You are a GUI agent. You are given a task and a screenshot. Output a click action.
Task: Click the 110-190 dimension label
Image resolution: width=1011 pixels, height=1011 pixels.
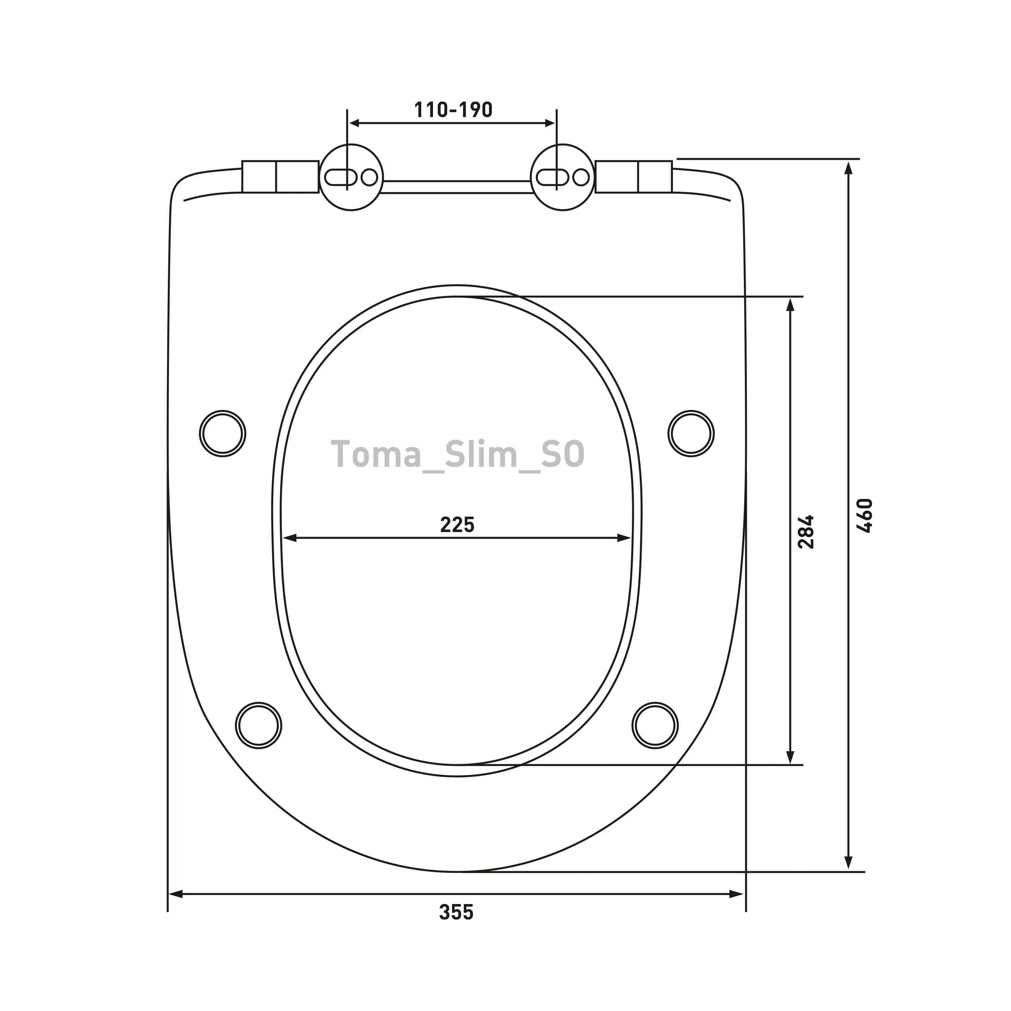point(454,110)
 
